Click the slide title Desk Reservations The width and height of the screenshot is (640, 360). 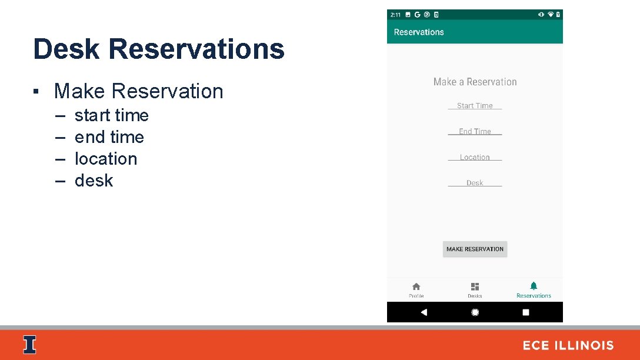159,49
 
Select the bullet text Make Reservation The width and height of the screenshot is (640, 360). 138,91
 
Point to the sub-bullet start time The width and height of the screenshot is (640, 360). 111,115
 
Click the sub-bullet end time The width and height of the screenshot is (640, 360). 109,137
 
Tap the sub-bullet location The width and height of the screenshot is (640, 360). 105,159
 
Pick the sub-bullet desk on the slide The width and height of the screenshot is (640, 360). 94,181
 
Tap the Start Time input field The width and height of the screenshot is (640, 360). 475,106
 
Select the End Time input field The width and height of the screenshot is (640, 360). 475,132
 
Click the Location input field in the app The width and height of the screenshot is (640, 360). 475,158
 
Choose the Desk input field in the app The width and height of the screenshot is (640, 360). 475,183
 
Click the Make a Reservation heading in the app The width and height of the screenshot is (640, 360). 475,82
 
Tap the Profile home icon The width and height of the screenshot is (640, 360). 416,286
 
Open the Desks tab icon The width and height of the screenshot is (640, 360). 475,286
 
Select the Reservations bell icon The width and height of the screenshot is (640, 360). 534,286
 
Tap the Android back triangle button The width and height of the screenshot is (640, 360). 424,312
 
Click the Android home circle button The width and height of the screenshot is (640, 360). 475,312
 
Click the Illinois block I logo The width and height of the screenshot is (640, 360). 29,345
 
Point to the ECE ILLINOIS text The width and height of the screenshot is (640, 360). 568,345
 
